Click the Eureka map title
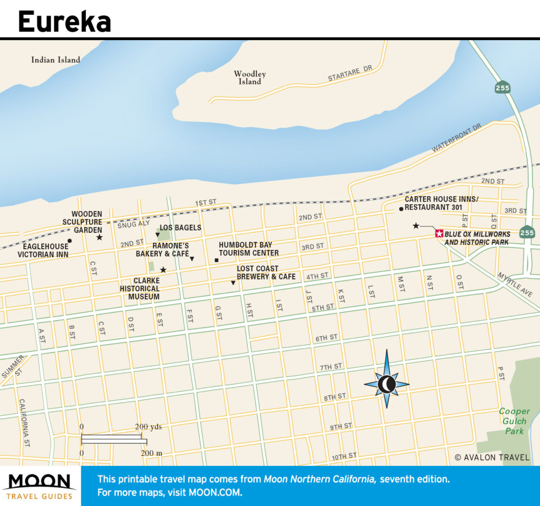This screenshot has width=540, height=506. [x=64, y=22]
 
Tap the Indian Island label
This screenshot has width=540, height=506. [x=55, y=60]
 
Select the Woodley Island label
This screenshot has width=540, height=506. [x=249, y=78]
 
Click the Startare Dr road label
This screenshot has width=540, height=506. [x=350, y=74]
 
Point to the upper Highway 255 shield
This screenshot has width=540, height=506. [x=502, y=88]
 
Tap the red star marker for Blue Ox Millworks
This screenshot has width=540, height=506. [x=438, y=234]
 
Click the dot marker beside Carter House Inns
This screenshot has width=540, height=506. [x=401, y=209]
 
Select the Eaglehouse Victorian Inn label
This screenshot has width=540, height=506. [x=43, y=250]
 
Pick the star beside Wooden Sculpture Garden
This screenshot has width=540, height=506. [x=99, y=237]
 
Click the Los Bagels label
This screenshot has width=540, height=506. [x=180, y=227]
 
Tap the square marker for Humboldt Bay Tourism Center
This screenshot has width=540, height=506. [x=216, y=260]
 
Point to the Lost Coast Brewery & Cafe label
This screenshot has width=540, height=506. [x=266, y=272]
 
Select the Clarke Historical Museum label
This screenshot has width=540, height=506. [x=139, y=289]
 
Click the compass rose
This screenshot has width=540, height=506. [x=387, y=384]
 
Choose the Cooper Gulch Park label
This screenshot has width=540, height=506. [x=514, y=421]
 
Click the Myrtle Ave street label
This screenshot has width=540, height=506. [x=518, y=285]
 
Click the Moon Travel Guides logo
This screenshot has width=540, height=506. [x=40, y=486]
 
